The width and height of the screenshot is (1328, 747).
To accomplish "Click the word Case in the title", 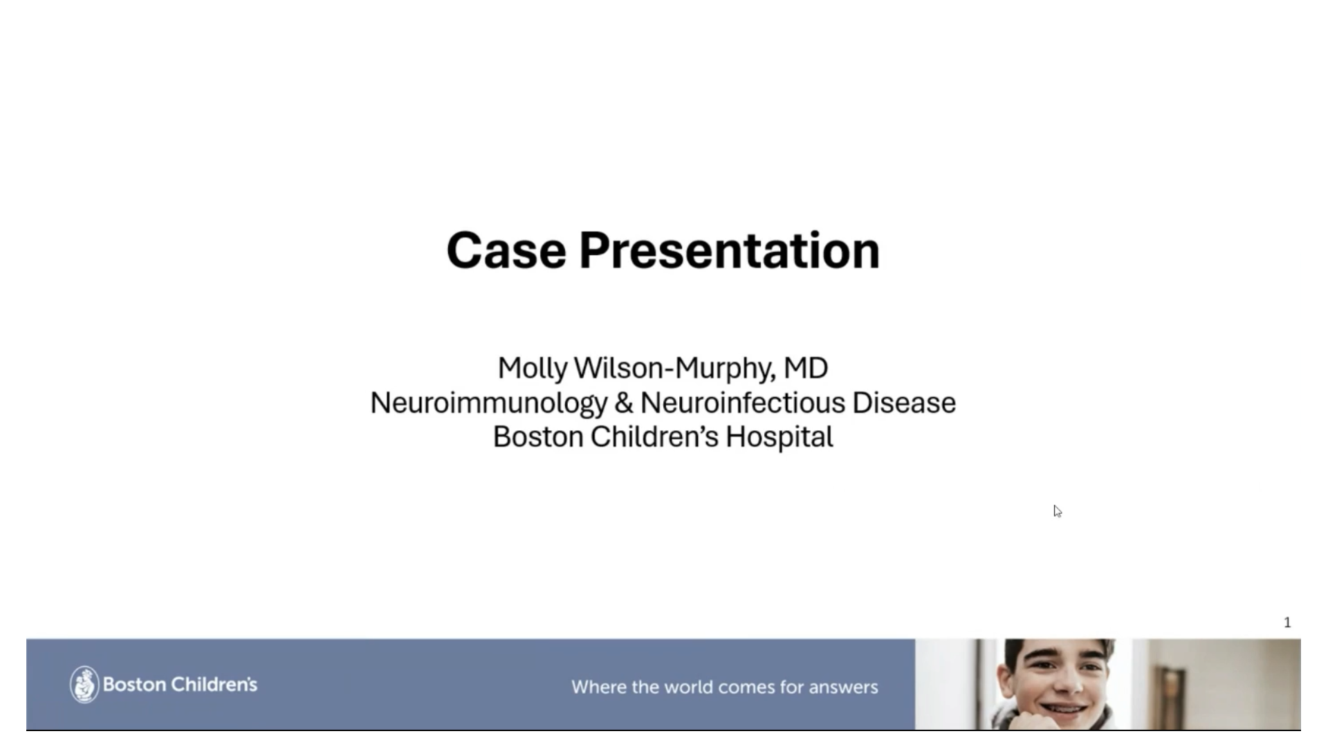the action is click(506, 250).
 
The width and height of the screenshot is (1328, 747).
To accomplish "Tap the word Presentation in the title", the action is click(730, 250).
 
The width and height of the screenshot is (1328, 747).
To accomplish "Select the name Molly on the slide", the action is click(533, 369).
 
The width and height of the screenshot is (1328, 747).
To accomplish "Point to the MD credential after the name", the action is click(806, 368).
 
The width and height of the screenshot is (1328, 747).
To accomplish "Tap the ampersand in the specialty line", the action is click(624, 403).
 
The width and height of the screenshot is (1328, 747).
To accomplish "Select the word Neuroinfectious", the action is click(743, 403).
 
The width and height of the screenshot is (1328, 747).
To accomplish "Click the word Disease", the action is click(904, 403).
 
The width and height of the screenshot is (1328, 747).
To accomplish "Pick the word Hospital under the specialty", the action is click(780, 437).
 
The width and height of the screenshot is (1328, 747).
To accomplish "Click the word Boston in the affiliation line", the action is click(538, 437).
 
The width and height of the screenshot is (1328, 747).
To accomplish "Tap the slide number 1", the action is click(1287, 622).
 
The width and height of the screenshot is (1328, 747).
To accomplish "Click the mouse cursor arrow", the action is click(1058, 511).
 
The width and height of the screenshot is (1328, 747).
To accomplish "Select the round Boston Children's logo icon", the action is click(84, 685).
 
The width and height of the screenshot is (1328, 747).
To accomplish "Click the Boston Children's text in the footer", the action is click(180, 685).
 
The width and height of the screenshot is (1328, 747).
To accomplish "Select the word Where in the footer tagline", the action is click(593, 687).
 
